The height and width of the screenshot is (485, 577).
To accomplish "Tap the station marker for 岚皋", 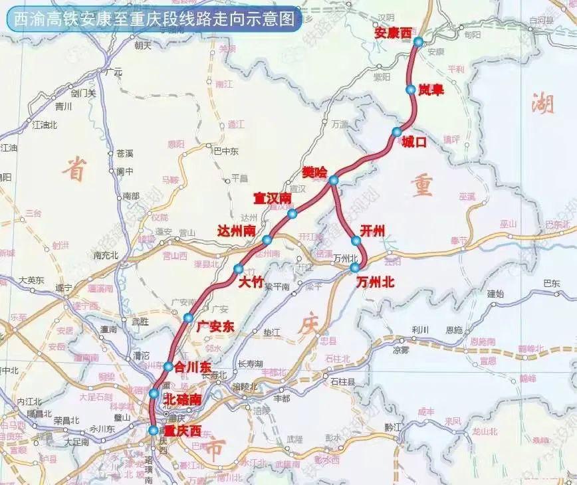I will pyautogui.click(x=410, y=89).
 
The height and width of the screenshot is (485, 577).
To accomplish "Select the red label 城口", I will pyautogui.click(x=413, y=141).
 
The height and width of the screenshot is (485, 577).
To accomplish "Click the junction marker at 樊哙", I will pyautogui.click(x=334, y=180).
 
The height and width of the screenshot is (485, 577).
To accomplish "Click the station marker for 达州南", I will pyautogui.click(x=267, y=240).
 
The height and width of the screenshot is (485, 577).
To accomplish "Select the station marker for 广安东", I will pyautogui.click(x=188, y=318).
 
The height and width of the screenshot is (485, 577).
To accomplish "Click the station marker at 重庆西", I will pyautogui.click(x=154, y=431).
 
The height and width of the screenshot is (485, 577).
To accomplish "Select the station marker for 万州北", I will pyautogui.click(x=355, y=267).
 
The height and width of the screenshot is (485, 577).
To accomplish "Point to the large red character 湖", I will pyautogui.click(x=542, y=103).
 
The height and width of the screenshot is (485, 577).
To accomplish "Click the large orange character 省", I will pyautogui.click(x=74, y=171).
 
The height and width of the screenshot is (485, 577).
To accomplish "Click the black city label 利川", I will pyautogui.click(x=420, y=330).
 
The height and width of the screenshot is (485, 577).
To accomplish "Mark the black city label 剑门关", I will pyautogui.click(x=84, y=93).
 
